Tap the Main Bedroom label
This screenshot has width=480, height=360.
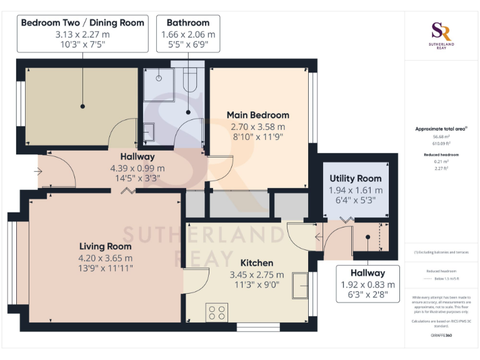(x=257, y=115)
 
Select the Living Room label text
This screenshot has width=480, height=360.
(x=105, y=246)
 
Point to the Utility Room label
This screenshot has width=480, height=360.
(x=356, y=179)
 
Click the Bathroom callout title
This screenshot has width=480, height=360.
(x=187, y=22)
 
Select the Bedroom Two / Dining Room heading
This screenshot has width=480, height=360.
(x=82, y=22)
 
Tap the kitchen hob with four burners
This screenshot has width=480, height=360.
(x=217, y=311)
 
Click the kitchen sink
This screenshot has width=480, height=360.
(x=300, y=286)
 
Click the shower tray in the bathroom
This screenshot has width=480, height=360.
(x=159, y=84)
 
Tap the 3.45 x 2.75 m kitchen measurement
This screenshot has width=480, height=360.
(x=256, y=274)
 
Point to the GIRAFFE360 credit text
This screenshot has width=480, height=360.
(x=441, y=336)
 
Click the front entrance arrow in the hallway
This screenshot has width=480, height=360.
(x=39, y=169)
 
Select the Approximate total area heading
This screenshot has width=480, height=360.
(x=440, y=129)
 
